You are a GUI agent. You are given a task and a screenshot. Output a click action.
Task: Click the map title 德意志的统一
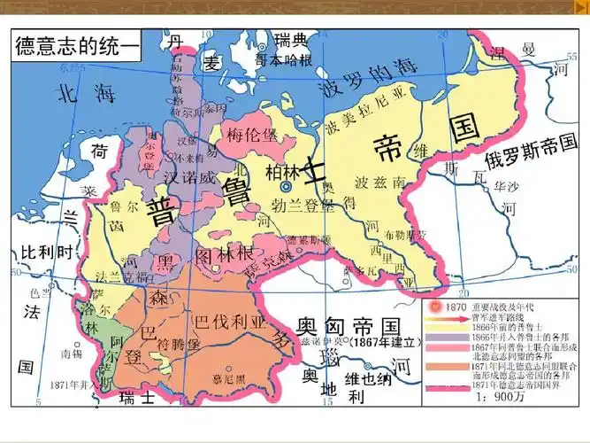click(x=77, y=47)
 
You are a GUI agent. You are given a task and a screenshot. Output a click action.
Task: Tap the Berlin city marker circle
click(x=286, y=188)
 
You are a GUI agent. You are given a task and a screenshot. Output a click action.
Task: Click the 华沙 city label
click(x=507, y=187)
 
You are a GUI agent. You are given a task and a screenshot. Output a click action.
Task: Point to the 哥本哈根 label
click(x=283, y=61)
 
